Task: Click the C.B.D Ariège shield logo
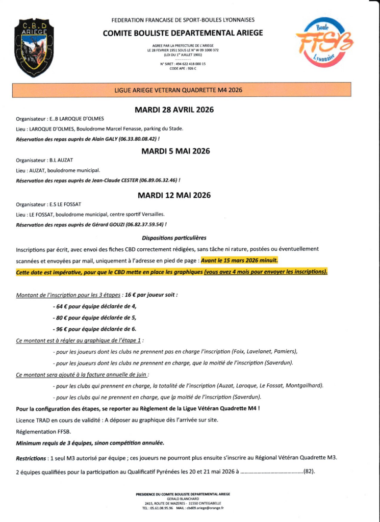click(x=34, y=47)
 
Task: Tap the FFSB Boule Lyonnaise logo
click(x=324, y=42)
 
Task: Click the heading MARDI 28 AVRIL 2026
click(x=174, y=110)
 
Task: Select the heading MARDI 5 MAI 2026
click(x=175, y=151)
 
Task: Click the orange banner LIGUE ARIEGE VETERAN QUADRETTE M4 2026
click(x=179, y=90)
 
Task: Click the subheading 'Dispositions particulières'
click(x=174, y=238)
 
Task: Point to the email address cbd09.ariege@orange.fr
click(x=205, y=508)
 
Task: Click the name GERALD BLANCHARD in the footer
click(x=183, y=499)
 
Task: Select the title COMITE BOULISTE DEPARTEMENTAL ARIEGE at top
click(x=183, y=33)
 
